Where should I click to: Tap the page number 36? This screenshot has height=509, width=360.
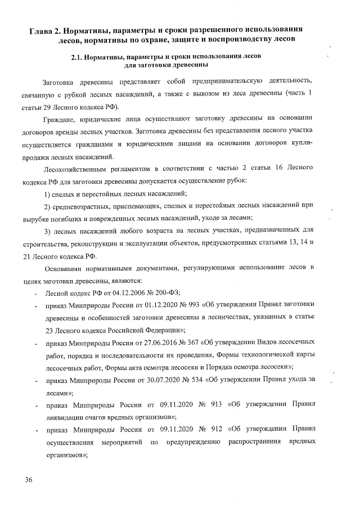29,480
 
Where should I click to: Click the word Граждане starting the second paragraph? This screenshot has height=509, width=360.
59,119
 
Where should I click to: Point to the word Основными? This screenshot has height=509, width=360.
61,267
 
